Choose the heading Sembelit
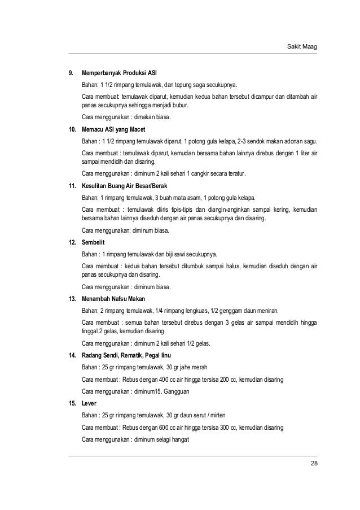pyautogui.click(x=94, y=241)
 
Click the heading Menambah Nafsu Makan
pyautogui.click(x=112, y=298)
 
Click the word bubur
pyautogui.click(x=182, y=106)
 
